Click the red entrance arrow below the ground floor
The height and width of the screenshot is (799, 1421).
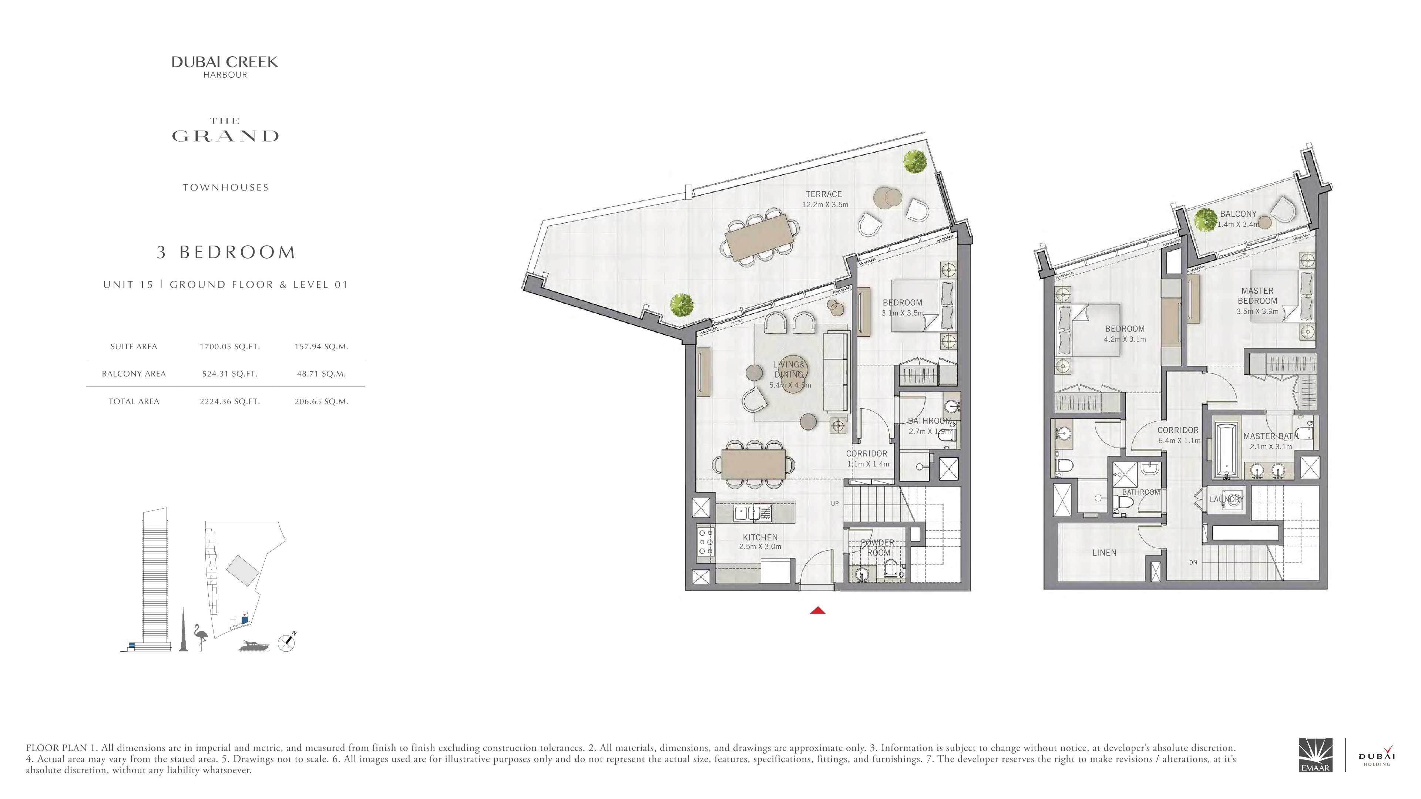coord(817,610)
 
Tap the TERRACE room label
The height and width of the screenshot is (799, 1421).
coord(824,194)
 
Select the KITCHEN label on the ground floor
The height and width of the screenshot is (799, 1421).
coord(760,537)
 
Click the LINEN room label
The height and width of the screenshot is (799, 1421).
coord(1104,553)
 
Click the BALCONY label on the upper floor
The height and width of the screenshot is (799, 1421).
coord(1238,214)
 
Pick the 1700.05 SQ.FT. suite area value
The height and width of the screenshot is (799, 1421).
coord(229,347)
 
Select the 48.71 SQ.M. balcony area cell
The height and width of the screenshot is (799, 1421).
coord(321,374)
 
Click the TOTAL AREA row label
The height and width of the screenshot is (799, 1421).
coord(134,401)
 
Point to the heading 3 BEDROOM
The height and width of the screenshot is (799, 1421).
coord(226,253)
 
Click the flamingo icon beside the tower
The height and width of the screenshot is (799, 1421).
coord(200,637)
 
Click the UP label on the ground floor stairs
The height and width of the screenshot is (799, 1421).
coord(834,503)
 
